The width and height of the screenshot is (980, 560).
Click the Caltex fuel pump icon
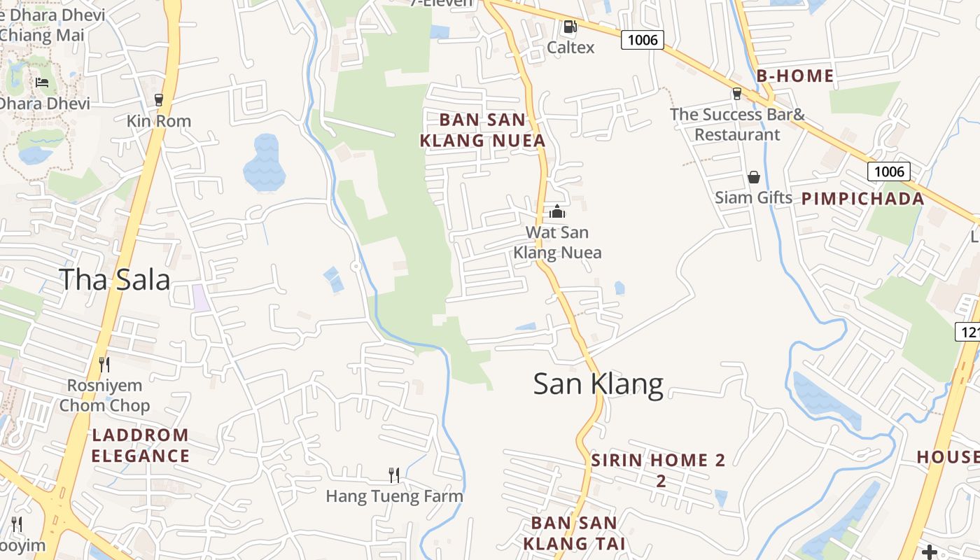click(570, 27)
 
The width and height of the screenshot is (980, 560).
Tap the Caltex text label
click(570, 48)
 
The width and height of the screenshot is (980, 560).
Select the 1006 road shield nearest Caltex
click(643, 40)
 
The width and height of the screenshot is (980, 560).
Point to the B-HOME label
click(795, 76)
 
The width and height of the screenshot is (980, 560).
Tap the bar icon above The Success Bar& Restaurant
click(736, 94)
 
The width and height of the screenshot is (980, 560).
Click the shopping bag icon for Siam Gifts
click(754, 178)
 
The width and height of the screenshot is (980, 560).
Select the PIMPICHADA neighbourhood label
click(863, 199)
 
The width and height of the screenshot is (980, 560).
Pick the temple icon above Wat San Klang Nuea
click(557, 211)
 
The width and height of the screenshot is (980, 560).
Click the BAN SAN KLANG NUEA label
click(482, 130)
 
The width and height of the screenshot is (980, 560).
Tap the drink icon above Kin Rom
click(159, 100)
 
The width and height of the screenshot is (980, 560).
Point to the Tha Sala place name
click(115, 279)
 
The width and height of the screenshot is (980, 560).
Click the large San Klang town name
click(598, 384)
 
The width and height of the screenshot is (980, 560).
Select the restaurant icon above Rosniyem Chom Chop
click(104, 364)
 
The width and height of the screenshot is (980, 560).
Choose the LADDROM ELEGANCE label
click(140, 445)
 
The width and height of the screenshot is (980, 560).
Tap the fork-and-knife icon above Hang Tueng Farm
click(394, 475)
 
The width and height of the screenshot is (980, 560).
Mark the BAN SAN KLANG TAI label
click(574, 533)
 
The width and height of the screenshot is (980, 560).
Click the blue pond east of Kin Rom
click(265, 163)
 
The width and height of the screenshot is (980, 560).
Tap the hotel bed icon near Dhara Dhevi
click(42, 83)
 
